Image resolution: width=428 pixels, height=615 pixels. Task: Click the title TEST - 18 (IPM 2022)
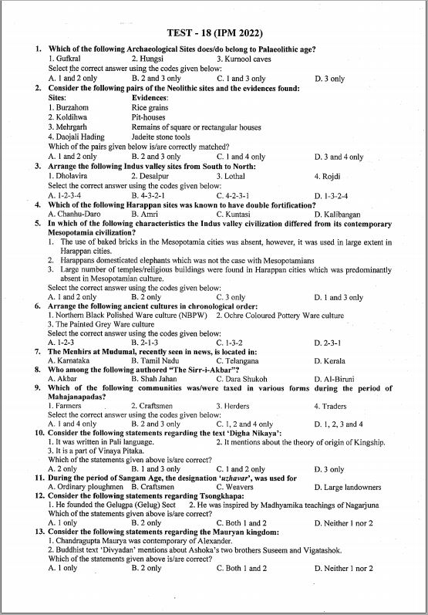[214, 33]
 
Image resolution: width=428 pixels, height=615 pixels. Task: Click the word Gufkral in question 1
[64, 59]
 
